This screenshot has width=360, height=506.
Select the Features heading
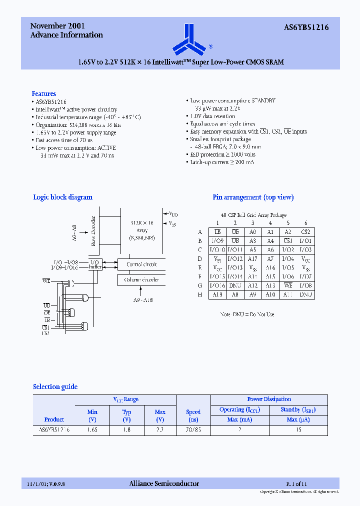(44, 93)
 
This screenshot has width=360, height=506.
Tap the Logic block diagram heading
(62, 197)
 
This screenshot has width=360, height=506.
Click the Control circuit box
(141, 264)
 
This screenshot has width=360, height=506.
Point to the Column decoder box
(141, 279)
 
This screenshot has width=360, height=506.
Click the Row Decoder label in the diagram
(94, 231)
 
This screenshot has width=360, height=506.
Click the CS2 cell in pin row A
(305, 232)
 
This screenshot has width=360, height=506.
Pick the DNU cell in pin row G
(235, 285)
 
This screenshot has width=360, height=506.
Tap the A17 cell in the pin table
(253, 258)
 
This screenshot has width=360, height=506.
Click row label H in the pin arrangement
(200, 294)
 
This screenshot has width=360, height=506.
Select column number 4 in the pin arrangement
(270, 223)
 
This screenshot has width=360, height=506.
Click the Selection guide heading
(55, 386)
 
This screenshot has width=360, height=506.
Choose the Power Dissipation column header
(269, 399)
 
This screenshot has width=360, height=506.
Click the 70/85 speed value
(193, 429)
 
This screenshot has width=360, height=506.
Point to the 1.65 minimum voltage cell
(92, 429)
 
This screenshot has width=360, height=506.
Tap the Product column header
(54, 419)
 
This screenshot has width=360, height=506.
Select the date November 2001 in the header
(57, 25)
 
